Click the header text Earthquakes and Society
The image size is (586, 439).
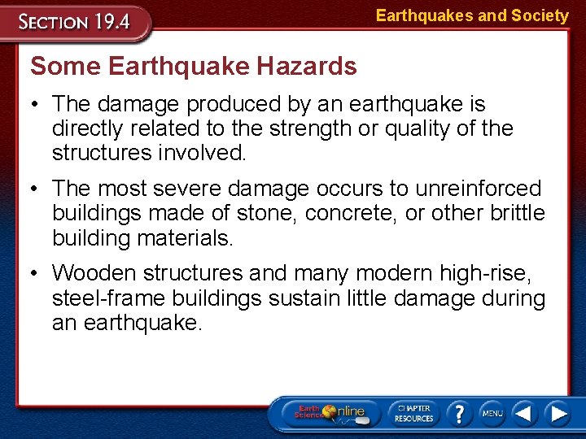pos(472,15)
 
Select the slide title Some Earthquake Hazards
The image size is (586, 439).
pos(194,66)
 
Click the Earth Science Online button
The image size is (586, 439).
pos(330,414)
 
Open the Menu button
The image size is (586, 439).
pos(492,414)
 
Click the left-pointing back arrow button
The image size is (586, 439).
pos(526,414)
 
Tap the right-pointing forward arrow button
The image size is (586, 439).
pos(558,414)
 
